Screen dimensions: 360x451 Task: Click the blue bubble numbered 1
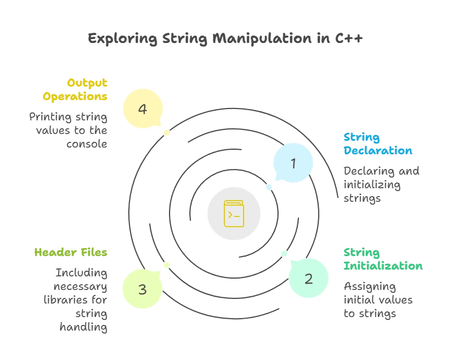(x=293, y=163)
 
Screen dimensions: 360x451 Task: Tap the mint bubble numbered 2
(x=309, y=278)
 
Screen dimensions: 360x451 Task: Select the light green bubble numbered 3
(x=142, y=289)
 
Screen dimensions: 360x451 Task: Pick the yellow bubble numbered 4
(x=142, y=108)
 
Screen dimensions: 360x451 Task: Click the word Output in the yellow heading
(x=87, y=83)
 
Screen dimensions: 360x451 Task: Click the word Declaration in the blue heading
(x=378, y=151)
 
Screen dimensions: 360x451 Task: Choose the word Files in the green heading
(x=96, y=253)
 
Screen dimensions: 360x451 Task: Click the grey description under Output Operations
(x=68, y=129)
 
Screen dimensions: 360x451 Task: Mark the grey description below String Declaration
(x=381, y=184)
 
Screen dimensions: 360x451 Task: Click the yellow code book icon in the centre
(x=233, y=214)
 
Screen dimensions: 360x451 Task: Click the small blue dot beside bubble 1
(x=268, y=186)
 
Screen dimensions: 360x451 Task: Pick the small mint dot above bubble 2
(x=284, y=253)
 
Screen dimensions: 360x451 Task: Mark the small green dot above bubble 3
(x=166, y=264)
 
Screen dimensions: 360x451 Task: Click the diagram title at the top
(x=225, y=39)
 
